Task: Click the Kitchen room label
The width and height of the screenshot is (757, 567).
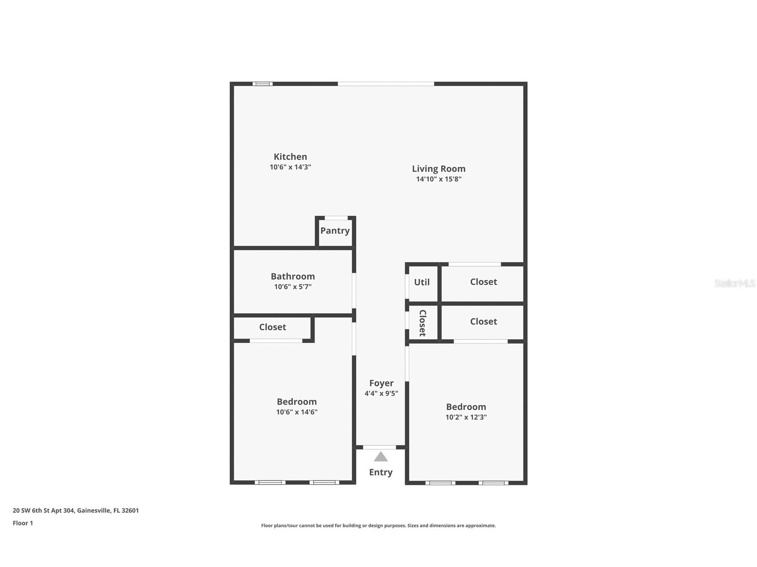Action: click(x=290, y=156)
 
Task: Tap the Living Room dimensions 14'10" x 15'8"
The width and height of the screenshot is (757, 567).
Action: click(x=438, y=179)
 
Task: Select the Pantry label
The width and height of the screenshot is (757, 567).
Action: click(x=335, y=230)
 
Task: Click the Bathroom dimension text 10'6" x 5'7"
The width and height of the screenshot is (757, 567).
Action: click(x=293, y=287)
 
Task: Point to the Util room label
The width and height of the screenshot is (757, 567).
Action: click(x=422, y=282)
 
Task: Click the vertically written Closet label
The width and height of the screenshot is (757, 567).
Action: click(x=422, y=323)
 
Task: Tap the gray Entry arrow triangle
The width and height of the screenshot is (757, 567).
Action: click(x=381, y=457)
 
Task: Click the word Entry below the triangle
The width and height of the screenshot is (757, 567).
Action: click(x=381, y=472)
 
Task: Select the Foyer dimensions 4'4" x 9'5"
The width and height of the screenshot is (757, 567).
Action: click(x=381, y=394)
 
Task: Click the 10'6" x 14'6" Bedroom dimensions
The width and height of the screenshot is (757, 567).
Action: click(x=297, y=412)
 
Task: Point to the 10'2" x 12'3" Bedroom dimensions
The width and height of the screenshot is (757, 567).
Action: click(x=466, y=417)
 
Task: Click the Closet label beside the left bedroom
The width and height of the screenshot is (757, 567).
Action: click(x=273, y=327)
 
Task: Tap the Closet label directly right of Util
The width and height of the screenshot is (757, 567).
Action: click(x=483, y=282)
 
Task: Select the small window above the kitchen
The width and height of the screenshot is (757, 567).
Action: click(x=262, y=84)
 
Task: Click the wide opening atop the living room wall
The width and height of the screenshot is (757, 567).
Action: click(x=385, y=84)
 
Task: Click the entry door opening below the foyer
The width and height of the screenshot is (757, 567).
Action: click(x=379, y=447)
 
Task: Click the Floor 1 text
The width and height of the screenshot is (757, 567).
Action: click(x=23, y=523)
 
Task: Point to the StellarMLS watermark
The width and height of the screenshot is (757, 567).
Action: click(x=734, y=283)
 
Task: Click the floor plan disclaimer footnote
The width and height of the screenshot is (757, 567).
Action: click(x=378, y=526)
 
